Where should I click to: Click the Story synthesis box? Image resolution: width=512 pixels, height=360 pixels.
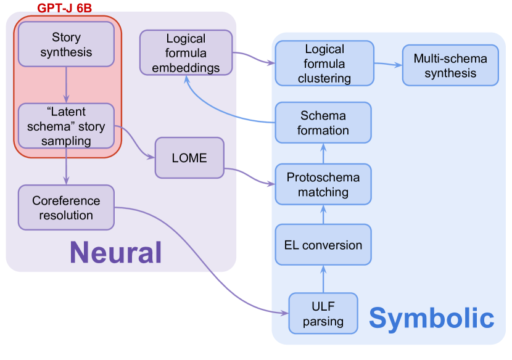(x=66, y=44)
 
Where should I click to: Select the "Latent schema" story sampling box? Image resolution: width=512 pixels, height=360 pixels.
(x=66, y=126)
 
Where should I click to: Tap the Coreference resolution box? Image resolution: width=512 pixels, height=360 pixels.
(x=66, y=207)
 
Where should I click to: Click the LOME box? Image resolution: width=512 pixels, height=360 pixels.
(x=189, y=158)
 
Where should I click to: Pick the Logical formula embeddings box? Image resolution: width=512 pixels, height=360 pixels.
(x=186, y=53)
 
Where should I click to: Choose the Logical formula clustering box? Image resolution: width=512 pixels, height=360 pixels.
(x=324, y=63)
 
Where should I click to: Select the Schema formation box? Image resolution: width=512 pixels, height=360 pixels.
(x=323, y=123)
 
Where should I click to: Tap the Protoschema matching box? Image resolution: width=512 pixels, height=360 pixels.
(x=323, y=184)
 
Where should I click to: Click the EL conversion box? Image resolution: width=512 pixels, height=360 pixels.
(x=323, y=245)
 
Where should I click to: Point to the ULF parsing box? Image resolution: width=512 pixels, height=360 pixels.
(x=323, y=313)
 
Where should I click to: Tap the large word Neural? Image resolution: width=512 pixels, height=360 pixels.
(x=115, y=252)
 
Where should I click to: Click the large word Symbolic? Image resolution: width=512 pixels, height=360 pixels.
(x=431, y=318)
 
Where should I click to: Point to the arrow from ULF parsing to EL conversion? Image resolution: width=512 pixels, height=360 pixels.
(x=323, y=279)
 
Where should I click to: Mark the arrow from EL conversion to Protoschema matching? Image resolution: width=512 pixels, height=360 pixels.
(x=323, y=215)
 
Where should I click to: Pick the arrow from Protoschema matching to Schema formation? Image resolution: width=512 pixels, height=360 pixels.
(x=323, y=153)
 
